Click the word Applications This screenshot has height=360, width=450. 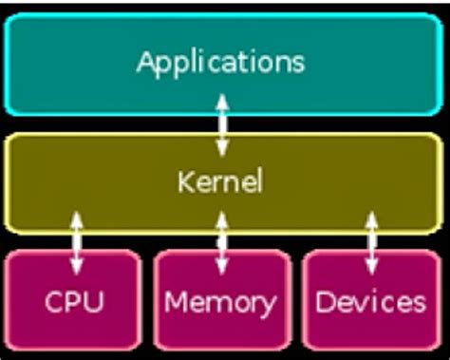221,63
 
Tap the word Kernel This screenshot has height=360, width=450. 220,180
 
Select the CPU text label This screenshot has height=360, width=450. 74,302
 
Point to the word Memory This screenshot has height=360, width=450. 220,303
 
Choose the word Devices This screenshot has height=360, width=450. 370,302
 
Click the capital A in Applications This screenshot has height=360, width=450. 146,63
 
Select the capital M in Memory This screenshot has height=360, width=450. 177,302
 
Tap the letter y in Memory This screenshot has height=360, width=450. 267,306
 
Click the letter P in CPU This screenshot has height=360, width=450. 74,302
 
